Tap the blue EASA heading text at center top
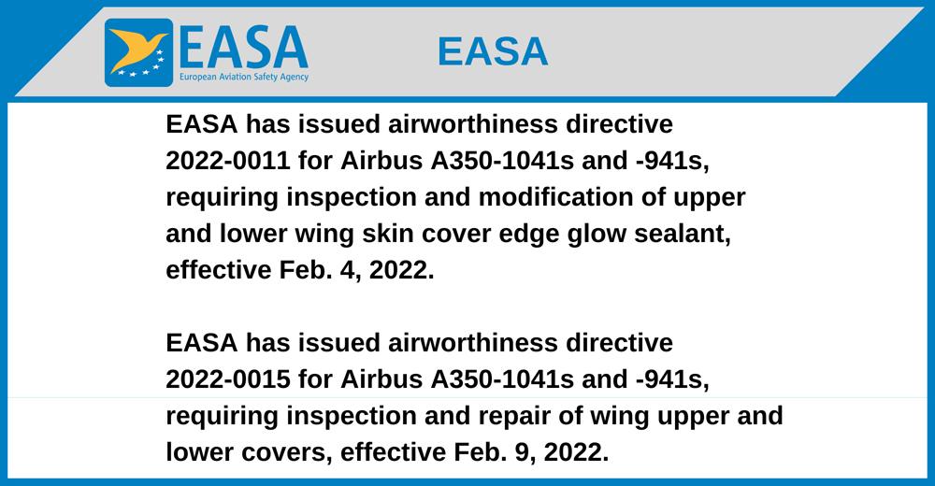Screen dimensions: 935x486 point(493,51)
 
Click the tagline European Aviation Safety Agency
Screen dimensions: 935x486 point(244,77)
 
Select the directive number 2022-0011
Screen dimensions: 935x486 point(228,161)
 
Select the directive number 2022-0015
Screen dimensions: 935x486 point(228,379)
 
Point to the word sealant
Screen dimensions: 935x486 point(683,234)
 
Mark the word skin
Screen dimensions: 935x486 point(388,233)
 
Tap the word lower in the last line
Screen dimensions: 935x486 point(200,452)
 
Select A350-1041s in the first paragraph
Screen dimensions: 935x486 point(502,161)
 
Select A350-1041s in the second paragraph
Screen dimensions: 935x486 point(502,379)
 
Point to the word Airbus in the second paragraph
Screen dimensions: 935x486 point(381,379)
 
